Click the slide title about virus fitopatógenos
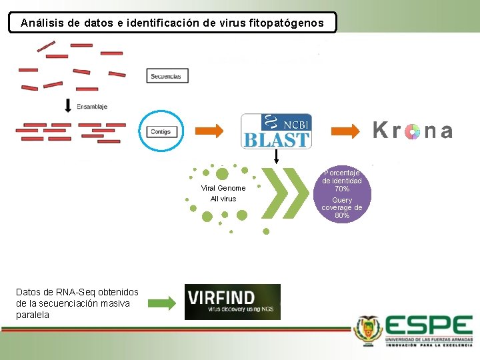172,23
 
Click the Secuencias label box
167,76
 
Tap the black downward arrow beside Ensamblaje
68,105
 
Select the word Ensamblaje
92,106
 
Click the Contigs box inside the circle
161,131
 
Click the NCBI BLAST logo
276,131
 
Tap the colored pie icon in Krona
412,131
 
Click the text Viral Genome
223,188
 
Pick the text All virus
223,199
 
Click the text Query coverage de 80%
342,207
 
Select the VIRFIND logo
232,301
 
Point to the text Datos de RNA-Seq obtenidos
77,292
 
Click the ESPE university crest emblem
368,329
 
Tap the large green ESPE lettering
429,326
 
